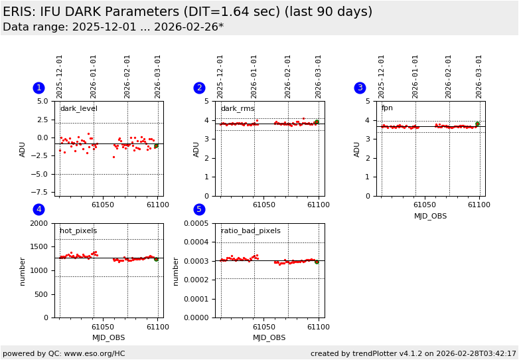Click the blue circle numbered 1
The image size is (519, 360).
(x=38, y=88)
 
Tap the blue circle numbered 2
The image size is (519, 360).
(x=199, y=88)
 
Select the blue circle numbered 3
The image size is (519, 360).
(x=360, y=88)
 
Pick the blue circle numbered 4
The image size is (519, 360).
(x=38, y=210)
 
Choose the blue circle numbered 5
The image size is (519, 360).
(x=199, y=210)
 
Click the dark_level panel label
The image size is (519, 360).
(x=78, y=109)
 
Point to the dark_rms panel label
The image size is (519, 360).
(x=238, y=109)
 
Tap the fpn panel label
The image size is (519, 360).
(x=387, y=108)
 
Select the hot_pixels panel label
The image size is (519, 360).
(x=78, y=231)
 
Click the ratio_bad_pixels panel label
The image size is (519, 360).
(x=250, y=231)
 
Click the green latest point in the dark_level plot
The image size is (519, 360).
(x=156, y=145)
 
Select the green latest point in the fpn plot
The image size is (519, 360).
(x=477, y=124)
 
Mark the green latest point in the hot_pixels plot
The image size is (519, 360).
(x=156, y=259)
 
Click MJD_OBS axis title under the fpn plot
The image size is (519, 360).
(x=430, y=216)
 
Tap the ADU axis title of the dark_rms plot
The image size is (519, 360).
(x=196, y=149)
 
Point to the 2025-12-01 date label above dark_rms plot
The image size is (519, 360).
(x=220, y=76)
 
